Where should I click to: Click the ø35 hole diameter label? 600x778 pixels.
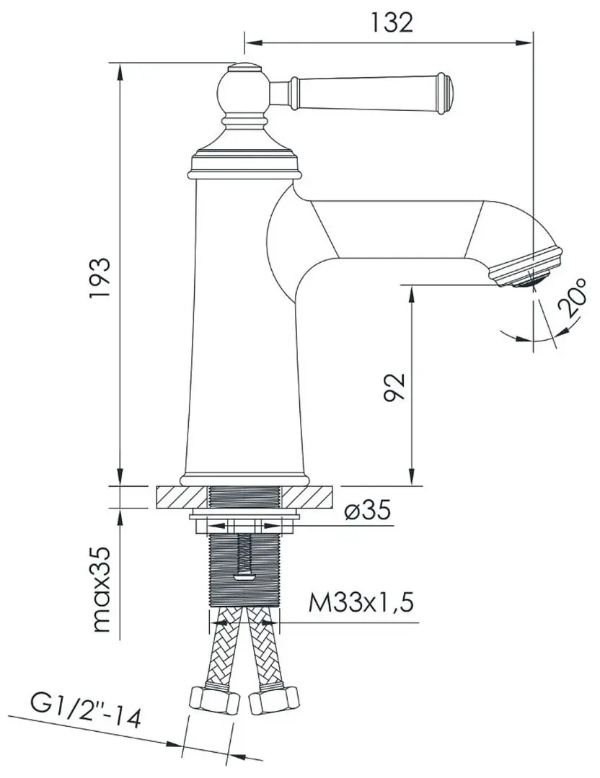pos(367,511)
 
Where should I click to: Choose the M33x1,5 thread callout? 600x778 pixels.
pos(361,602)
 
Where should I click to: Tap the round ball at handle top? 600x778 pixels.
pos(242,91)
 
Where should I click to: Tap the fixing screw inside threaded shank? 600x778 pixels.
pos(244,555)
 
